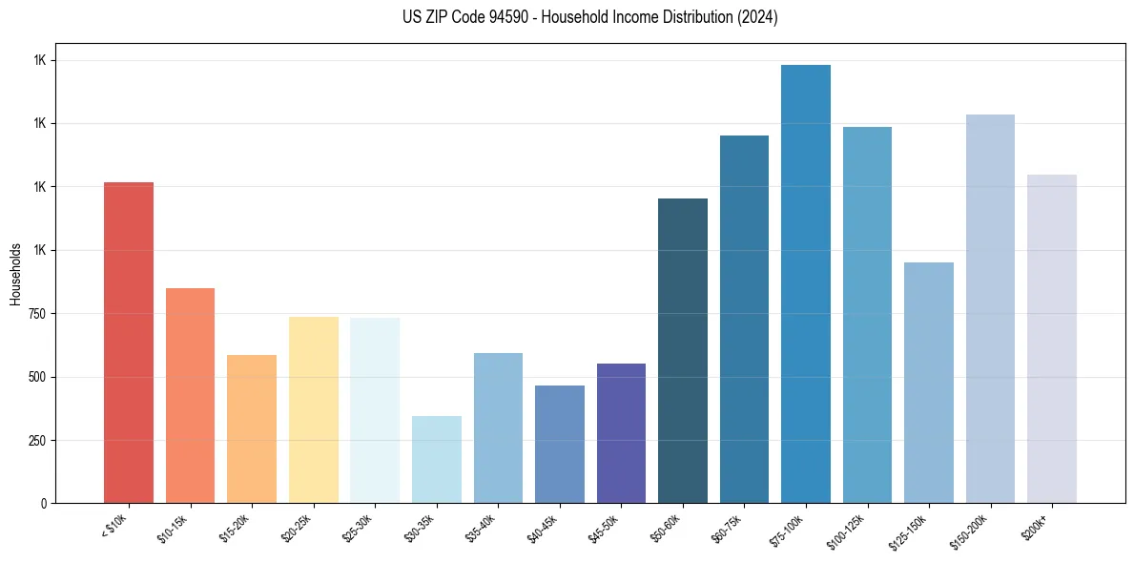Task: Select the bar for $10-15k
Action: point(190,395)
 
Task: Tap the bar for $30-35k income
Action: point(436,459)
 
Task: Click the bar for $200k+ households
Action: point(1052,339)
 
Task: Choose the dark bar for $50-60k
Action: point(683,350)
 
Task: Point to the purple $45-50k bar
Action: point(621,433)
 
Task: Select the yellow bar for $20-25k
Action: point(313,409)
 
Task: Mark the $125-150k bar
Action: point(929,383)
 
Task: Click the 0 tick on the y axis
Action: point(44,504)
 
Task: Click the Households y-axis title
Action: point(15,274)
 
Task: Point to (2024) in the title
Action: point(756,17)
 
